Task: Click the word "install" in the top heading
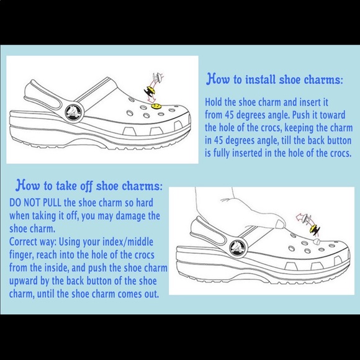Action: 260,79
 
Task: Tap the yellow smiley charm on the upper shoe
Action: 156,106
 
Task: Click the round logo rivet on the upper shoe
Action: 74,112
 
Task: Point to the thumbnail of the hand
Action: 280,223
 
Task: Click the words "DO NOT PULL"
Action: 35,202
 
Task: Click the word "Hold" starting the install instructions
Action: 214,102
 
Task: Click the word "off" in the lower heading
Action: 86,186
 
